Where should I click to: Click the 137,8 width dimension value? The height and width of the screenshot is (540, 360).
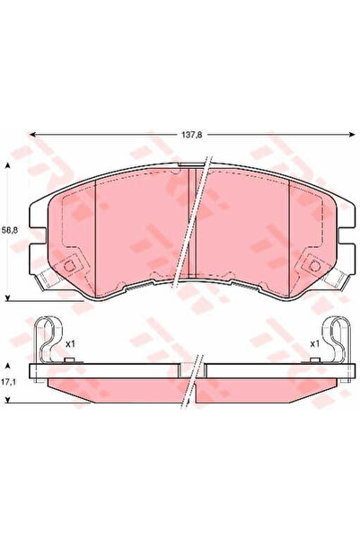click(x=192, y=136)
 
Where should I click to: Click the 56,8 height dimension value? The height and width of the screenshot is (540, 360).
click(x=9, y=231)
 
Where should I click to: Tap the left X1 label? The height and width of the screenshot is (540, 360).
click(x=70, y=344)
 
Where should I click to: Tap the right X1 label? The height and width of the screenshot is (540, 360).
click(x=314, y=344)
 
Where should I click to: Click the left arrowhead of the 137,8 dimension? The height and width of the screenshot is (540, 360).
click(x=33, y=135)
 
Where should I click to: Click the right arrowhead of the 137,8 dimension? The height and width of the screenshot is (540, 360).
click(x=351, y=135)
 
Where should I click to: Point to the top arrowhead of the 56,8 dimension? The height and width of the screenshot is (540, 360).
click(x=8, y=166)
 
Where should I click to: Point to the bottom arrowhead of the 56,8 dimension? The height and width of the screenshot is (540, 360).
click(x=8, y=298)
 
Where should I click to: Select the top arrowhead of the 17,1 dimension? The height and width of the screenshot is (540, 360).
click(x=8, y=366)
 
